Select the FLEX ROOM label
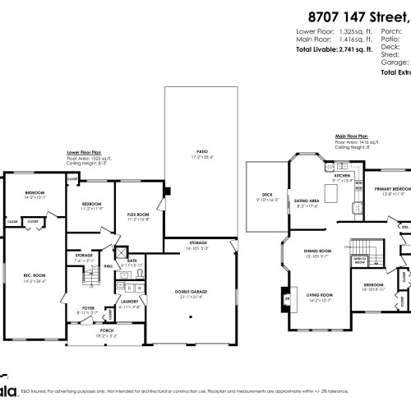tap(137, 216)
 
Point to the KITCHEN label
tap(342, 176)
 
